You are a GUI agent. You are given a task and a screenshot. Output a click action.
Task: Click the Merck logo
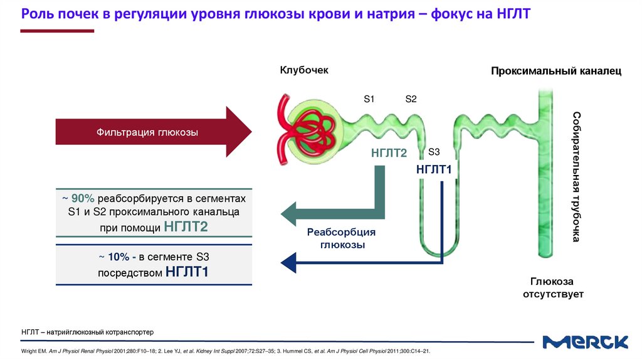click(x=585, y=342)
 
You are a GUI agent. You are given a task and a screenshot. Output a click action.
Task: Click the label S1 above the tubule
click(x=369, y=99)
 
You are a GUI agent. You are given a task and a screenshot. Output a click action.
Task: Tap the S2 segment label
click(x=411, y=99)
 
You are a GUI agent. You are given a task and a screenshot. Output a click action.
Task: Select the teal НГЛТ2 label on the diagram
click(x=389, y=153)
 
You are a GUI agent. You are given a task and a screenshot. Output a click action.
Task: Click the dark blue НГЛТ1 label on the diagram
click(x=434, y=169)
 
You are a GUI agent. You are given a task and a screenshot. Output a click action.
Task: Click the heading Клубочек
click(x=304, y=70)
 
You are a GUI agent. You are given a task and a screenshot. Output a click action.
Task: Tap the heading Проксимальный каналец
click(x=555, y=71)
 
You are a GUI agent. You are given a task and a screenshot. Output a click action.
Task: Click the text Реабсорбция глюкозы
click(x=341, y=239)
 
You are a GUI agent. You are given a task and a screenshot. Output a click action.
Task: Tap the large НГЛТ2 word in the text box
click(x=186, y=227)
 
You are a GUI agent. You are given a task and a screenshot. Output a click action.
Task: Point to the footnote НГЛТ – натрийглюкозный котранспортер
click(x=87, y=331)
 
